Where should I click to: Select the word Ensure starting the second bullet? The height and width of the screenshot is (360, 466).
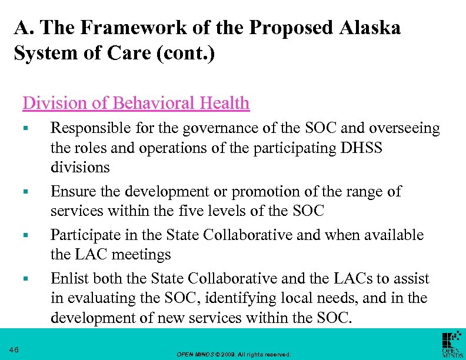(x=69, y=191)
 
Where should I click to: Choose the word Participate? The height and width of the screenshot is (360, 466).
(x=82, y=235)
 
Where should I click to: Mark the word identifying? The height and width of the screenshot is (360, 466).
(x=255, y=298)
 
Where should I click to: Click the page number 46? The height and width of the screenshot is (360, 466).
(x=14, y=351)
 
